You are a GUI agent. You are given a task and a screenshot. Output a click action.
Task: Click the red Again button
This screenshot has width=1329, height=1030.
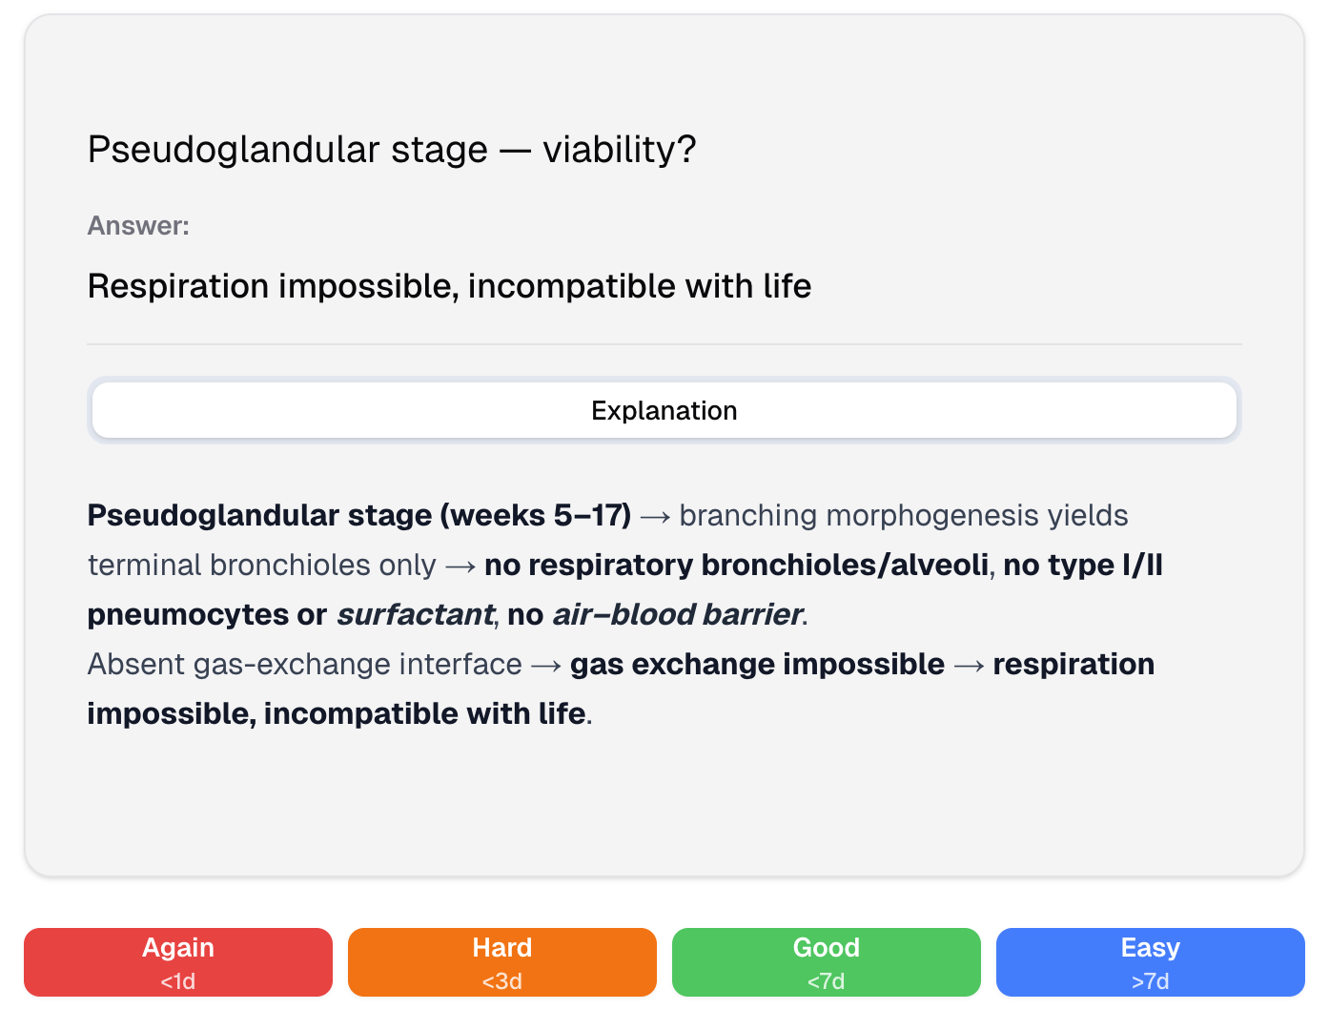(178, 961)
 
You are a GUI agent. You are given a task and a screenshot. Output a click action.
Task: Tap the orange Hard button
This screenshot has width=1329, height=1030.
(502, 961)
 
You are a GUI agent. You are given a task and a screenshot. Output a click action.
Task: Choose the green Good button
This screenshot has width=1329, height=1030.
(827, 961)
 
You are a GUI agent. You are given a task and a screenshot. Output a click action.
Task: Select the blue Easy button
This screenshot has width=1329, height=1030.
(1151, 961)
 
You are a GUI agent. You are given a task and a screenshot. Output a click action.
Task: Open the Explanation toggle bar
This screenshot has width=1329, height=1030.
(664, 411)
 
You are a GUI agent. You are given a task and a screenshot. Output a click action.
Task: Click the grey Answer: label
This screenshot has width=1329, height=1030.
(138, 226)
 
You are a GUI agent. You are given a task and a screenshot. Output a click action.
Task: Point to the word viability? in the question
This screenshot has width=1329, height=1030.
(620, 150)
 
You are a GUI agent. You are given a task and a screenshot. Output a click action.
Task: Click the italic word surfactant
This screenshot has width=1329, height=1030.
(415, 615)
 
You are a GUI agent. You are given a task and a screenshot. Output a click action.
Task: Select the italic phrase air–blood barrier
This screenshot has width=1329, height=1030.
(677, 615)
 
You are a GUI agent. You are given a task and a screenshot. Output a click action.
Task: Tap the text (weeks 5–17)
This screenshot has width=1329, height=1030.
(536, 516)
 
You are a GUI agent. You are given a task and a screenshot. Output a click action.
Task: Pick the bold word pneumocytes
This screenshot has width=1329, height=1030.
(187, 615)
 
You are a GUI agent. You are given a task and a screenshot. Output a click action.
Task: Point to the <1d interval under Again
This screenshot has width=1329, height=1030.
(178, 981)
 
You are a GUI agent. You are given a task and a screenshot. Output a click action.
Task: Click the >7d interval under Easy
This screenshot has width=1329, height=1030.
(1151, 981)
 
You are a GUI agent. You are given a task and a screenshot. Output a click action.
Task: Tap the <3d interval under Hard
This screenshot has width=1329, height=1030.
(502, 981)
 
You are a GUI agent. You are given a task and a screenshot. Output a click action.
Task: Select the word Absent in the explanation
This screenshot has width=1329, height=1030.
(136, 665)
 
